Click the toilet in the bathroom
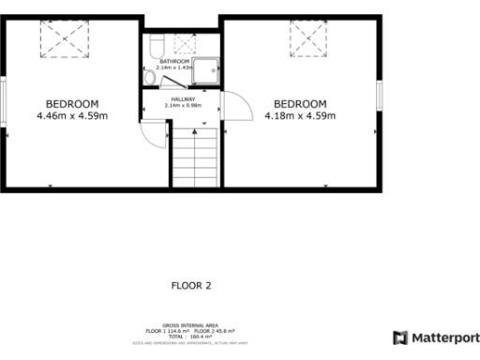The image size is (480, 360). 156,42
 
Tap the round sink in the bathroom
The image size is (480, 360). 151,80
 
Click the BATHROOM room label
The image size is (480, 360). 174,61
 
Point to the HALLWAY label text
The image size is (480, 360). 182,98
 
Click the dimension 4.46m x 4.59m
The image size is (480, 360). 72,116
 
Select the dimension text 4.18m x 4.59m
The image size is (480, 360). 300,116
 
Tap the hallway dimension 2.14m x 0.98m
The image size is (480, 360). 182,106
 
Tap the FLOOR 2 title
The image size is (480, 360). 191,286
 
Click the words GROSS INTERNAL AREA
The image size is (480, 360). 190,326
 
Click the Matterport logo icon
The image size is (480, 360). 399,337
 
